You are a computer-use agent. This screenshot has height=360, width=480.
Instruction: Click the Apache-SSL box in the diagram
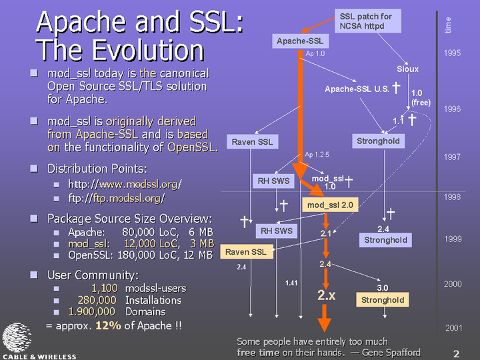click(300, 41)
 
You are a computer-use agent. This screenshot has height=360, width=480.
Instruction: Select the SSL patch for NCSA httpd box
click(367, 21)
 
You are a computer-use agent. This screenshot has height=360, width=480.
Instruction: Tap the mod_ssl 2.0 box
click(330, 205)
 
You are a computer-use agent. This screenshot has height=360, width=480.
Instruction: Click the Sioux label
click(407, 69)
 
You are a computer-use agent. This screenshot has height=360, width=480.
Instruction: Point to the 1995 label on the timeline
click(452, 53)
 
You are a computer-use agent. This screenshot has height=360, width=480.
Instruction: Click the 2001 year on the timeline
click(454, 328)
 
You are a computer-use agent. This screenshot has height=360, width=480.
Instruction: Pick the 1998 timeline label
click(452, 197)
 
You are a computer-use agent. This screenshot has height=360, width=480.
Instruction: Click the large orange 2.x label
click(326, 295)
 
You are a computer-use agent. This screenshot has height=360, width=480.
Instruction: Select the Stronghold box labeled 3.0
click(383, 300)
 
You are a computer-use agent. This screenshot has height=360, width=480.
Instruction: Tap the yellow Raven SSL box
click(247, 251)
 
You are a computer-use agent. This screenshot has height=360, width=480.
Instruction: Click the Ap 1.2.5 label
click(317, 155)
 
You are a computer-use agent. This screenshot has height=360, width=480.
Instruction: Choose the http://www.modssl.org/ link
click(125, 184)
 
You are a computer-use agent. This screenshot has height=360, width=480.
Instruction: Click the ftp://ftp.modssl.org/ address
click(117, 199)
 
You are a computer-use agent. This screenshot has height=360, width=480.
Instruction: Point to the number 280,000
click(97, 300)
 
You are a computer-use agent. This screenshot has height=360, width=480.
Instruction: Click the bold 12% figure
click(108, 325)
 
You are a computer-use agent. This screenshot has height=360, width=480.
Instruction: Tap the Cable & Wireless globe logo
click(17, 337)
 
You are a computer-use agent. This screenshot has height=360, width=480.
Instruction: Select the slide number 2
click(456, 354)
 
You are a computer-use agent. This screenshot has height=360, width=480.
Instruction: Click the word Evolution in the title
click(148, 50)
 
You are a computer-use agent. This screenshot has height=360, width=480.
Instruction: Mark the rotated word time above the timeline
click(447, 25)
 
